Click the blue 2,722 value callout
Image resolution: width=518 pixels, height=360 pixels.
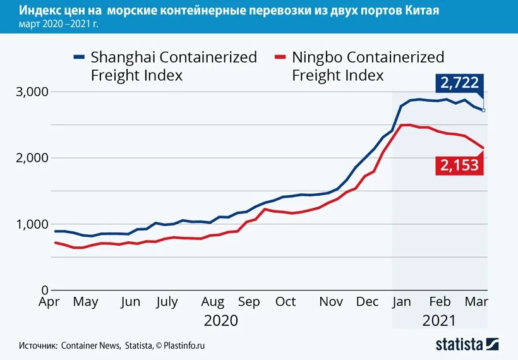tap(459, 83)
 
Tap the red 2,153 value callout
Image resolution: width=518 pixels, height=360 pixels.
tap(459, 165)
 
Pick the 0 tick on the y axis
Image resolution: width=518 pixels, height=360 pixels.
tap(44, 290)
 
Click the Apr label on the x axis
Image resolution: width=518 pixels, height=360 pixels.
tap(49, 302)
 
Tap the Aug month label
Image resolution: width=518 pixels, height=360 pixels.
tap(213, 302)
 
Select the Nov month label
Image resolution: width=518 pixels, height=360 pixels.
tap(331, 302)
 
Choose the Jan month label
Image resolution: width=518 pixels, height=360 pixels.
tap(402, 302)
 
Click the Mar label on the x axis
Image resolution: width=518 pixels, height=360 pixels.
tap(477, 302)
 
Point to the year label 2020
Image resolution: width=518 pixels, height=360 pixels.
tap(220, 320)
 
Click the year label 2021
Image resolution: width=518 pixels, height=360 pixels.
tap(438, 320)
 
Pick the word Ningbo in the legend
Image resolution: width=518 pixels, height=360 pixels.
tap(319, 57)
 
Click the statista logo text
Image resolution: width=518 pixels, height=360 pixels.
tap(459, 344)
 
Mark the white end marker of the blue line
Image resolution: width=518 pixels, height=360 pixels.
tap(484, 110)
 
